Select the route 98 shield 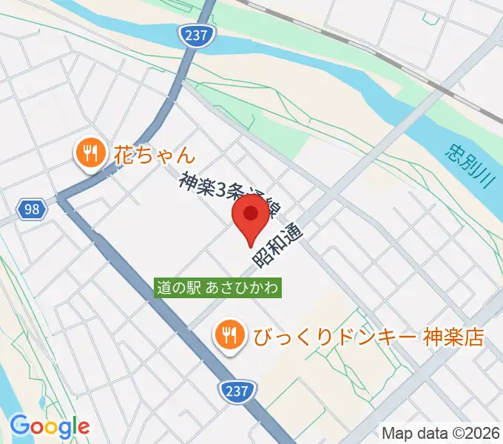pyautogui.click(x=31, y=209)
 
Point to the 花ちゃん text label pyautogui.click(x=155, y=155)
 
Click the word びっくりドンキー pyautogui.click(x=335, y=337)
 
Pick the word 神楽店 pyautogui.click(x=453, y=337)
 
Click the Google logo pyautogui.click(x=50, y=426)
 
